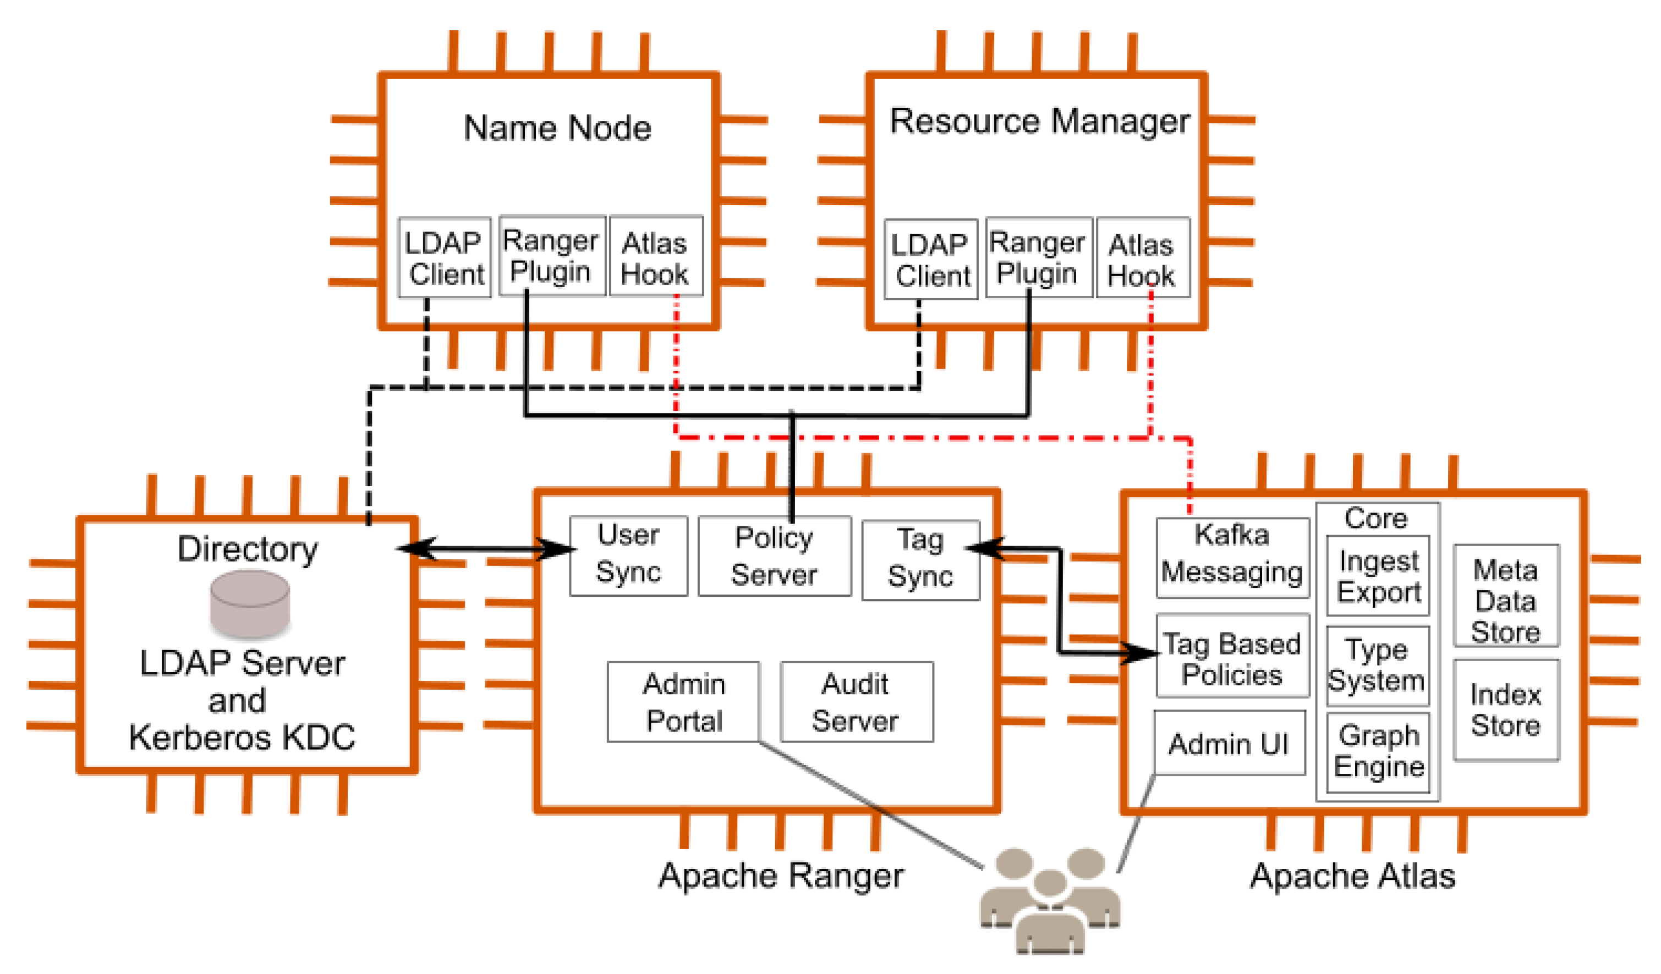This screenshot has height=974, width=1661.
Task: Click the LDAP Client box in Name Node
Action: coord(444,258)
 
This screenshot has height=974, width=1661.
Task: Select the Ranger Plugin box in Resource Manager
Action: coord(1039,258)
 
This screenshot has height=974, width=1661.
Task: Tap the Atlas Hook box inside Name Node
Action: coord(656,258)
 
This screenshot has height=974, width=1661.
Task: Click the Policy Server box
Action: coord(775,557)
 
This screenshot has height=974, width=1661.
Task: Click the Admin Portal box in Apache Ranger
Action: coord(683,702)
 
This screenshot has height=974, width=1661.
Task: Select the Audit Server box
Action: coord(856,702)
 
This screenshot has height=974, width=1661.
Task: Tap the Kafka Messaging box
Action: coord(1232,558)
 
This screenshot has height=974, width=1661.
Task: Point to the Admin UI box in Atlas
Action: coord(1229,744)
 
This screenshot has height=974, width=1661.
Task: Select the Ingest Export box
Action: coord(1378,576)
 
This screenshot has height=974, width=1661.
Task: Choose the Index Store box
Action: coord(1505,711)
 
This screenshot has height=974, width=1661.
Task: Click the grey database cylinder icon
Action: coord(250,604)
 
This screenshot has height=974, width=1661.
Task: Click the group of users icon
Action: coord(1049,900)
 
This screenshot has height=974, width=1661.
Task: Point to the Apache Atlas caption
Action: coord(1352,877)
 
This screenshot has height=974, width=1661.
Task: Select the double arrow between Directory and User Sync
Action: coord(486,549)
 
